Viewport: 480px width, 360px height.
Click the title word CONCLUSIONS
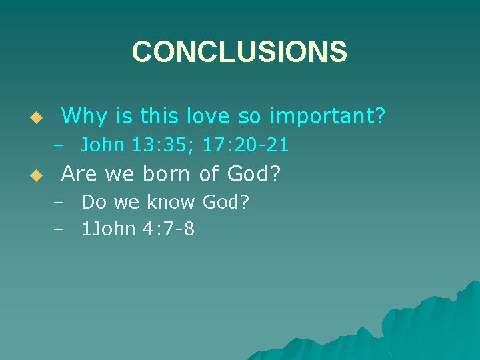coord(239,52)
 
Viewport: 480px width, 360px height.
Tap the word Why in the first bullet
coord(83,117)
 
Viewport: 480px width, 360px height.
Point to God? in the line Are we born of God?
coord(254,174)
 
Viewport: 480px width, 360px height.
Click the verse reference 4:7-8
coord(169,230)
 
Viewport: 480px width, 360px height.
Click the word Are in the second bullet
coord(79,174)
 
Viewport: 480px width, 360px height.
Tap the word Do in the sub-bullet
coord(93,202)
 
